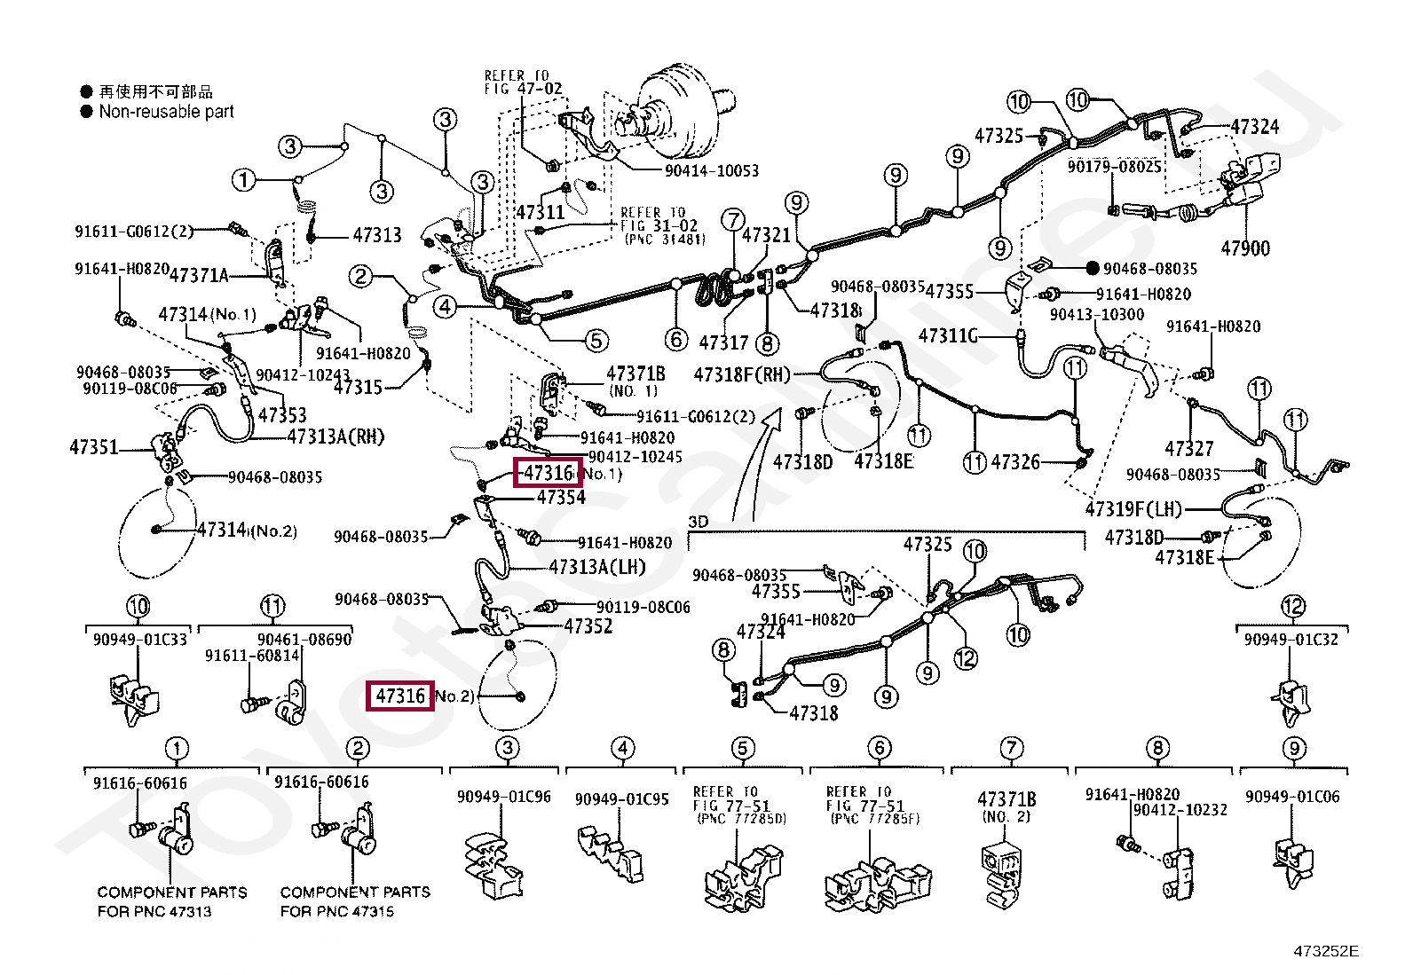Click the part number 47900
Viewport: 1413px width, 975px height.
pyautogui.click(x=1244, y=248)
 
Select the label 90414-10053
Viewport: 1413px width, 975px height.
pyautogui.click(x=711, y=170)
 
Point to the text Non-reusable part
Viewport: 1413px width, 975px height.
pyautogui.click(x=166, y=112)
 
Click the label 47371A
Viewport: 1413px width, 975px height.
pyautogui.click(x=199, y=276)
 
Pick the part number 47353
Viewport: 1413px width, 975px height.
pyautogui.click(x=281, y=414)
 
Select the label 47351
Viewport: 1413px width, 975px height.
pyautogui.click(x=93, y=448)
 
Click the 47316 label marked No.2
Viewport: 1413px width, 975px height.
pyautogui.click(x=400, y=696)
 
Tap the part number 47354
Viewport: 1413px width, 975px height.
pyautogui.click(x=561, y=497)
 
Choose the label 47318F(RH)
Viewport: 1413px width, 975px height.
pyautogui.click(x=741, y=374)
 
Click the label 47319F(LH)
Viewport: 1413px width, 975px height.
pyautogui.click(x=1133, y=509)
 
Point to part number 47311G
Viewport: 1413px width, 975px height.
pyautogui.click(x=947, y=336)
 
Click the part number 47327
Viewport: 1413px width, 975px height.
pyautogui.click(x=1188, y=448)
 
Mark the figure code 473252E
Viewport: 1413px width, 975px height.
pyautogui.click(x=1326, y=952)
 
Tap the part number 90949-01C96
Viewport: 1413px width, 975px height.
pyautogui.click(x=503, y=797)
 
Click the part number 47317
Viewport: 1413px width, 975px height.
pyautogui.click(x=723, y=342)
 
